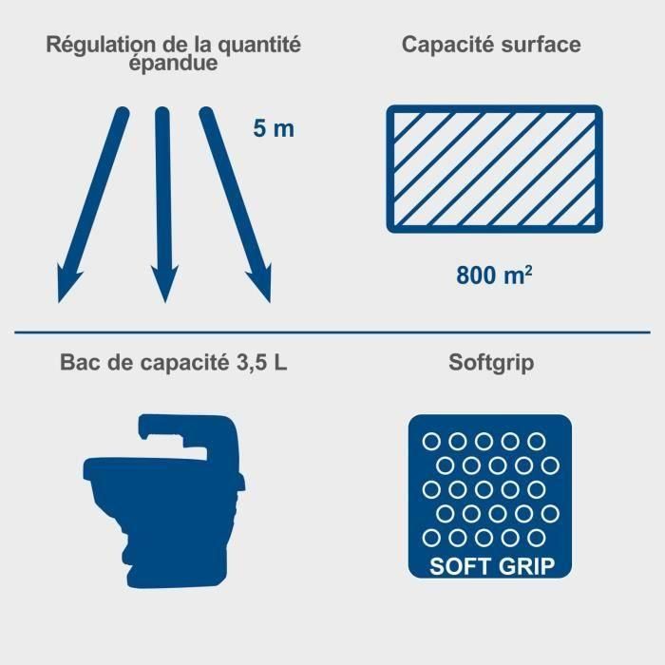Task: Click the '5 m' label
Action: tap(275, 128)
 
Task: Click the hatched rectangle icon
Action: tap(494, 168)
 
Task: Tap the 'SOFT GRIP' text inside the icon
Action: tap(490, 566)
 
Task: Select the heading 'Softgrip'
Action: tap(490, 363)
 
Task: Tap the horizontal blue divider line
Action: tap(332, 332)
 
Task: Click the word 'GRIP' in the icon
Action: tap(538, 566)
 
